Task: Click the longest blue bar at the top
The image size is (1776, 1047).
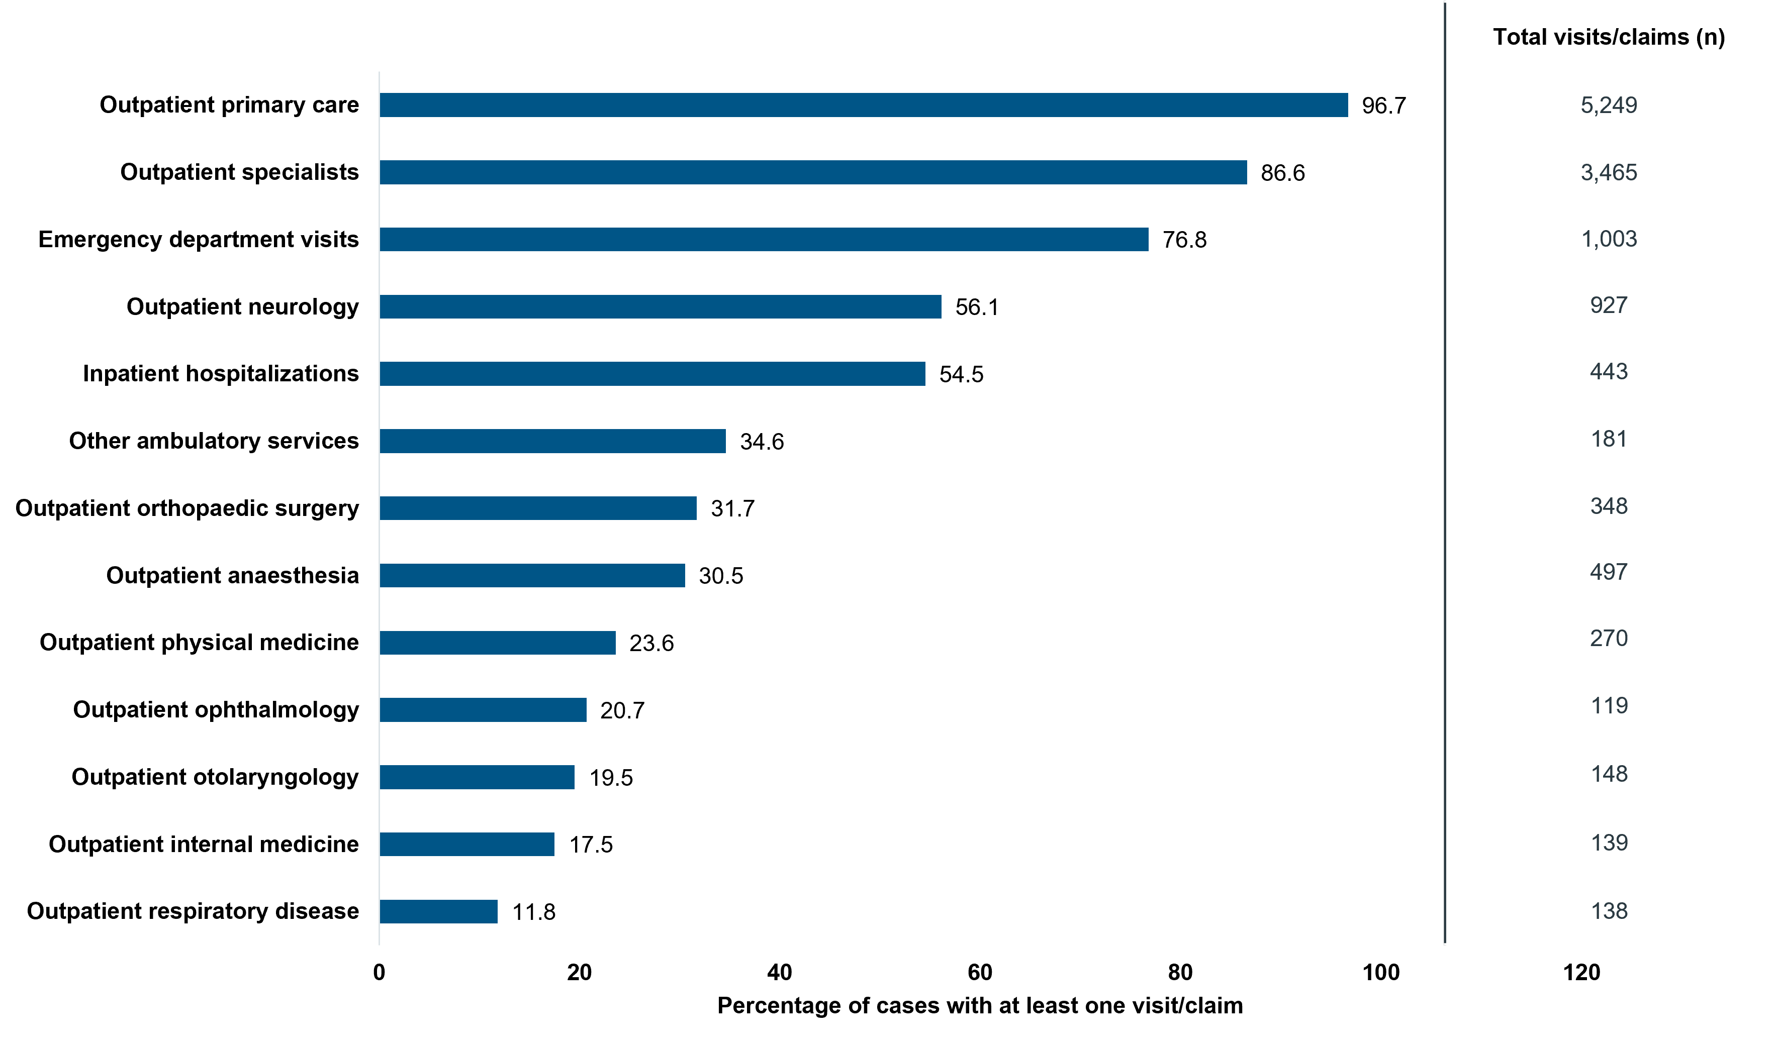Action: click(863, 105)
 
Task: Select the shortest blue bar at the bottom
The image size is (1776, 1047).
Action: click(438, 911)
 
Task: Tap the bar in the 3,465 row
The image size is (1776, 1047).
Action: click(813, 172)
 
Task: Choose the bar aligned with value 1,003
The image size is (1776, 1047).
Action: click(764, 239)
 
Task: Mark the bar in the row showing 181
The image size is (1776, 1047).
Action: click(552, 441)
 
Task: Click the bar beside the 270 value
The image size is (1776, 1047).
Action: click(498, 643)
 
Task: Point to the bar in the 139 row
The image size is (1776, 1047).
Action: click(466, 845)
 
